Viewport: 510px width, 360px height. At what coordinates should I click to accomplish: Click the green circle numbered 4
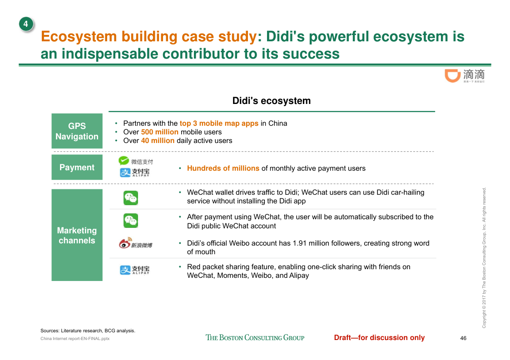pyautogui.click(x=26, y=24)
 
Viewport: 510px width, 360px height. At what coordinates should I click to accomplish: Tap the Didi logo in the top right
pyautogui.click(x=465, y=76)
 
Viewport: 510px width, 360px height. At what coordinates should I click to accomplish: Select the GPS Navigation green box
pyautogui.click(x=77, y=131)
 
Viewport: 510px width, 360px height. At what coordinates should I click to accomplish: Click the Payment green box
pyautogui.click(x=77, y=167)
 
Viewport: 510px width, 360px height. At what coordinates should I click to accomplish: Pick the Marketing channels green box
pyautogui.click(x=77, y=235)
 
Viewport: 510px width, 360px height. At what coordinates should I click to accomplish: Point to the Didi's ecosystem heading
pyautogui.click(x=272, y=101)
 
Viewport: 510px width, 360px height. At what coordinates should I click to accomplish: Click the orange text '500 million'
pyautogui.click(x=160, y=132)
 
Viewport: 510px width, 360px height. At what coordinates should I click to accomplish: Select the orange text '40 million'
pyautogui.click(x=158, y=141)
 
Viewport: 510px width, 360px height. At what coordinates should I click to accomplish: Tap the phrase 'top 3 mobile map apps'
pyautogui.click(x=219, y=123)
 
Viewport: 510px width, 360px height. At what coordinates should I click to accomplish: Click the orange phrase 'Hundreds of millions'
pyautogui.click(x=223, y=168)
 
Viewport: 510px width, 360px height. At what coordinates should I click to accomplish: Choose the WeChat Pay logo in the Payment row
pyautogui.click(x=135, y=161)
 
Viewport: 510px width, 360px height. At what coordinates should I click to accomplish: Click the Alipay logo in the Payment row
pyautogui.click(x=135, y=173)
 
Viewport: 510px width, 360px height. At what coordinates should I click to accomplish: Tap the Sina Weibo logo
pyautogui.click(x=135, y=243)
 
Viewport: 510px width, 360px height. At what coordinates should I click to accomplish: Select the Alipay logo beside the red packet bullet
pyautogui.click(x=135, y=270)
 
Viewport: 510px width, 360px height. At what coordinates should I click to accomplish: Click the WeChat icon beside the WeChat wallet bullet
pyautogui.click(x=131, y=198)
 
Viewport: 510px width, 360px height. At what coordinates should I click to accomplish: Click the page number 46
pyautogui.click(x=463, y=338)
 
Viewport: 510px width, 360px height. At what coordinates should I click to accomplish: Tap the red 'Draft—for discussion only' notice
pyautogui.click(x=379, y=338)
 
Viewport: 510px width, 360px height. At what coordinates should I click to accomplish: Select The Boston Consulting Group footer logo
pyautogui.click(x=255, y=338)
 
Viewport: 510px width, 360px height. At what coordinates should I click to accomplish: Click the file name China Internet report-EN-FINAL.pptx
pyautogui.click(x=75, y=339)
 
